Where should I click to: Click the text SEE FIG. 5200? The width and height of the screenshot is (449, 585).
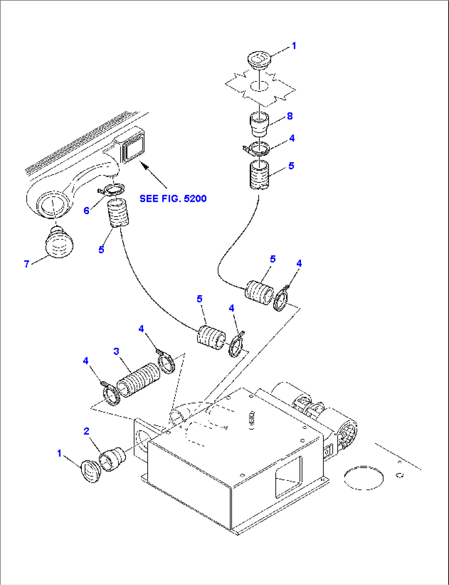click(x=173, y=198)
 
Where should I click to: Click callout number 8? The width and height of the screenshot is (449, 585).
click(x=290, y=116)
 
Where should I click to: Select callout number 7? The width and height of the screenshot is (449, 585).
click(x=27, y=264)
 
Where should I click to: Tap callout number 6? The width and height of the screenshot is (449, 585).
click(x=86, y=210)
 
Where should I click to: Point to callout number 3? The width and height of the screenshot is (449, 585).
click(x=116, y=351)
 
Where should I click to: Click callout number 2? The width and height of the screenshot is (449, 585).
click(x=86, y=431)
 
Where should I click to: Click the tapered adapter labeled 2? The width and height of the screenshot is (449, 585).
click(x=113, y=458)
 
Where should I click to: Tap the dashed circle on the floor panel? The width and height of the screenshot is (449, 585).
click(x=363, y=478)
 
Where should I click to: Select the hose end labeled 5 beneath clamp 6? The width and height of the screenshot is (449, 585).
click(x=118, y=213)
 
